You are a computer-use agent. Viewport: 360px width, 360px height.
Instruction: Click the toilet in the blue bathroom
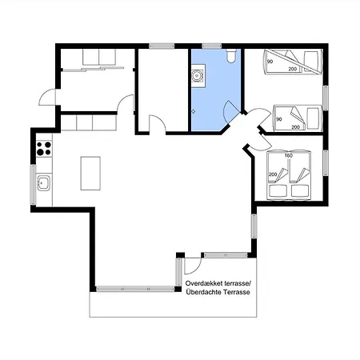tap(230, 56)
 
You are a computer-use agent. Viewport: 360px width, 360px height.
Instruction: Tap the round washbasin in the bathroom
tap(198, 75)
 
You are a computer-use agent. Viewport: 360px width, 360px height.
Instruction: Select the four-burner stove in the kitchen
tap(44, 149)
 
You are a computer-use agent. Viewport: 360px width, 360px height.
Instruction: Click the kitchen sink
tap(44, 182)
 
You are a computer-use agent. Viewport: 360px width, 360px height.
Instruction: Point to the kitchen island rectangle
tap(90, 174)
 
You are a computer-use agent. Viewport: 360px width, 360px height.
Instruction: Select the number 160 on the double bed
tap(289, 155)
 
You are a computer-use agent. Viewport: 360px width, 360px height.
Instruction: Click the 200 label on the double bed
tap(273, 174)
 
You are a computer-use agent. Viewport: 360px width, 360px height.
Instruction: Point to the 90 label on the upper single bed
tap(270, 62)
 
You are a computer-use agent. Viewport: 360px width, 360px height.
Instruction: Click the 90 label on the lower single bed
tap(279, 119)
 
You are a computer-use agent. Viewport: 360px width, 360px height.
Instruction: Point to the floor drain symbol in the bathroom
tap(194, 111)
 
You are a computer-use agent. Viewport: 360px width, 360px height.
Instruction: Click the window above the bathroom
tap(212, 46)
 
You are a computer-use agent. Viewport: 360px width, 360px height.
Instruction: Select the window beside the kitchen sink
tap(33, 185)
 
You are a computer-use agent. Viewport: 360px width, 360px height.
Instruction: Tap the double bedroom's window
tap(326, 162)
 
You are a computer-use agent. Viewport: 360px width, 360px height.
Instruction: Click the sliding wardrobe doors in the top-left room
tap(94, 69)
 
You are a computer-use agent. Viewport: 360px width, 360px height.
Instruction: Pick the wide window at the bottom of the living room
tap(135, 289)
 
